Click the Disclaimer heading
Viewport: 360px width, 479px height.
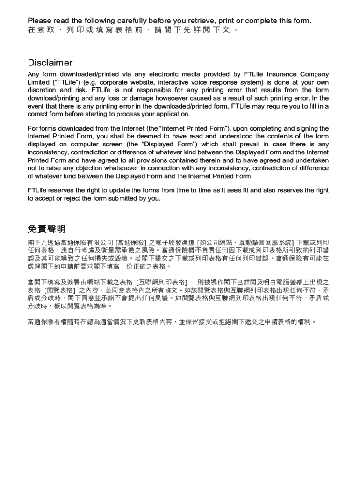[x=50, y=63]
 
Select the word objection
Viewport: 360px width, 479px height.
[x=84, y=168]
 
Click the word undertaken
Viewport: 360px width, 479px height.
[x=311, y=160]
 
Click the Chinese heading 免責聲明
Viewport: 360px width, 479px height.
[x=47, y=229]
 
